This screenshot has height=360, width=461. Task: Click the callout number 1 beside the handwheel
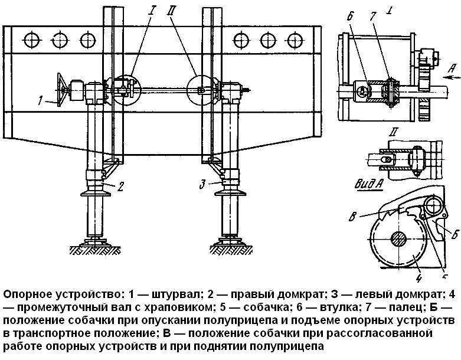(x=38, y=102)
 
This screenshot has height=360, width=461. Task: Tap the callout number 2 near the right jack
(x=120, y=186)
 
